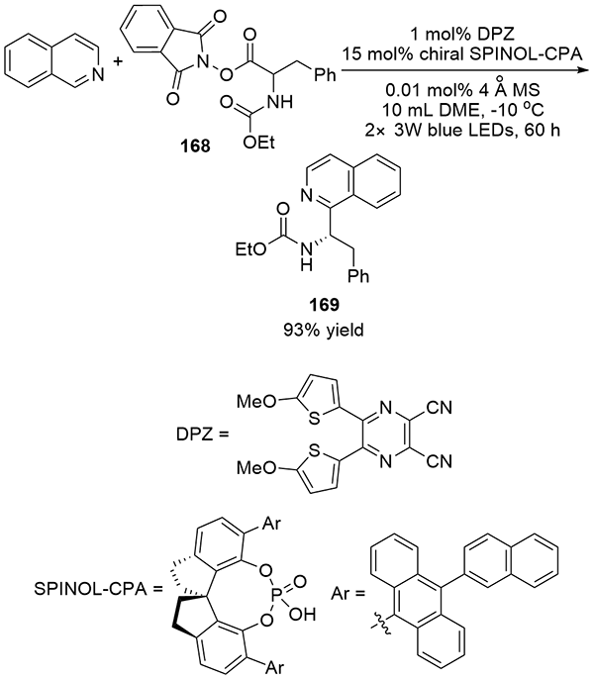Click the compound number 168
(x=195, y=146)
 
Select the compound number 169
(x=324, y=305)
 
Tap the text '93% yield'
(x=324, y=331)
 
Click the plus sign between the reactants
(x=117, y=62)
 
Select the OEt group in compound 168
(x=258, y=143)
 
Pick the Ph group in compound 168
(x=325, y=75)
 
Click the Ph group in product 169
(x=358, y=276)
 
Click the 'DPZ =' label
(x=202, y=435)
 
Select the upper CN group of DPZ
(x=439, y=408)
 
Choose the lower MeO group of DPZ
(x=256, y=467)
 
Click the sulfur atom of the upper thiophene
(x=314, y=419)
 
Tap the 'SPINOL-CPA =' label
(x=98, y=589)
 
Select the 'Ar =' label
(x=347, y=593)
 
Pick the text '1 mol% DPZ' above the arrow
(x=462, y=34)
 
